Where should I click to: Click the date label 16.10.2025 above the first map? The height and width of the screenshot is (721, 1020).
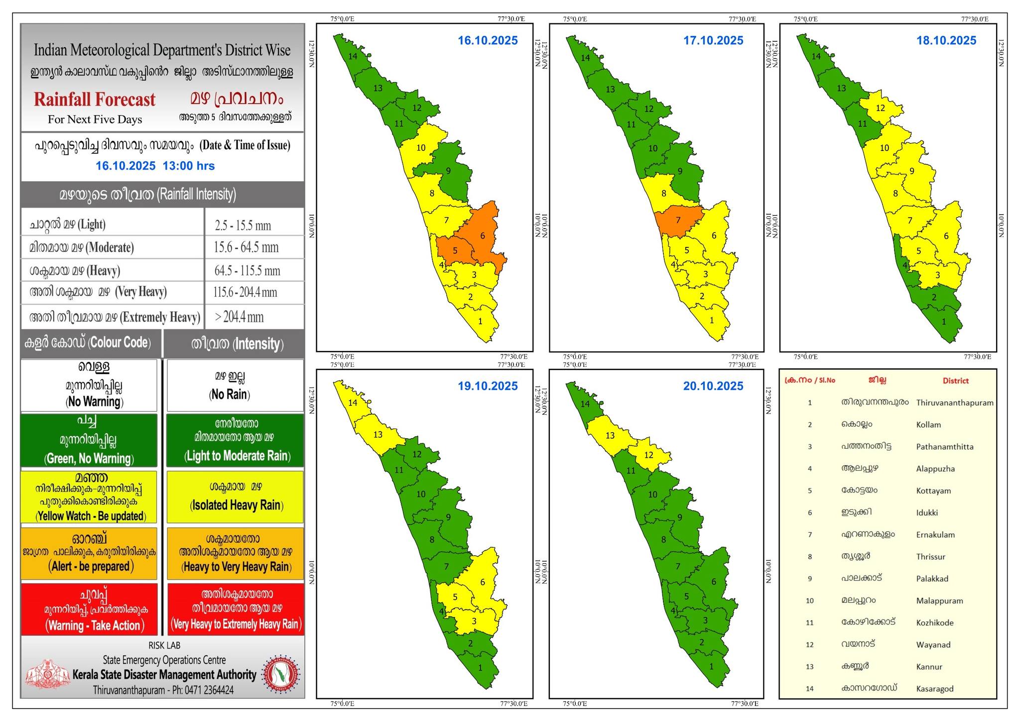(x=488, y=40)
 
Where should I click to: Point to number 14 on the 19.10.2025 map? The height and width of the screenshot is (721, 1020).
(x=353, y=402)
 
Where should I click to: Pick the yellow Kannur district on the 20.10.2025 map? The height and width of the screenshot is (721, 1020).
(x=610, y=435)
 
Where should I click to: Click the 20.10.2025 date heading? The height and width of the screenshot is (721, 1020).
(x=713, y=386)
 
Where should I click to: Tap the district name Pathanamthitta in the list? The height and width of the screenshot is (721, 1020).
(x=944, y=447)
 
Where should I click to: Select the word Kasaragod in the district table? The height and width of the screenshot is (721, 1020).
(x=934, y=689)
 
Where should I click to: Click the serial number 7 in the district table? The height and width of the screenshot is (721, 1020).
(x=810, y=535)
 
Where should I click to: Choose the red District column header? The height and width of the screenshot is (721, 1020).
(x=955, y=381)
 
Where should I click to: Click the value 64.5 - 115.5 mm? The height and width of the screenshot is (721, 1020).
(x=247, y=271)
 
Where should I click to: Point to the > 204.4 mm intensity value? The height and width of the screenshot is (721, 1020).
(x=239, y=317)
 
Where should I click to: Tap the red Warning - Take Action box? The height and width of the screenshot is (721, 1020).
(x=89, y=609)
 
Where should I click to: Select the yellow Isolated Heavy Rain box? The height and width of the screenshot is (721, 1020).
(x=236, y=496)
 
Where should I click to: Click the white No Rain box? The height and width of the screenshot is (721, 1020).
(x=235, y=386)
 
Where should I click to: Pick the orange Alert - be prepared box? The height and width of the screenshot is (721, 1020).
(x=89, y=553)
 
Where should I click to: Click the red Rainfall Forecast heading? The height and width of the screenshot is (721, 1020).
(x=95, y=100)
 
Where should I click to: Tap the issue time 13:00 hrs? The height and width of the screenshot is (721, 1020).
(x=188, y=166)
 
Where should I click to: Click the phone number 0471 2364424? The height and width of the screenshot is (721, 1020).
(x=209, y=690)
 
